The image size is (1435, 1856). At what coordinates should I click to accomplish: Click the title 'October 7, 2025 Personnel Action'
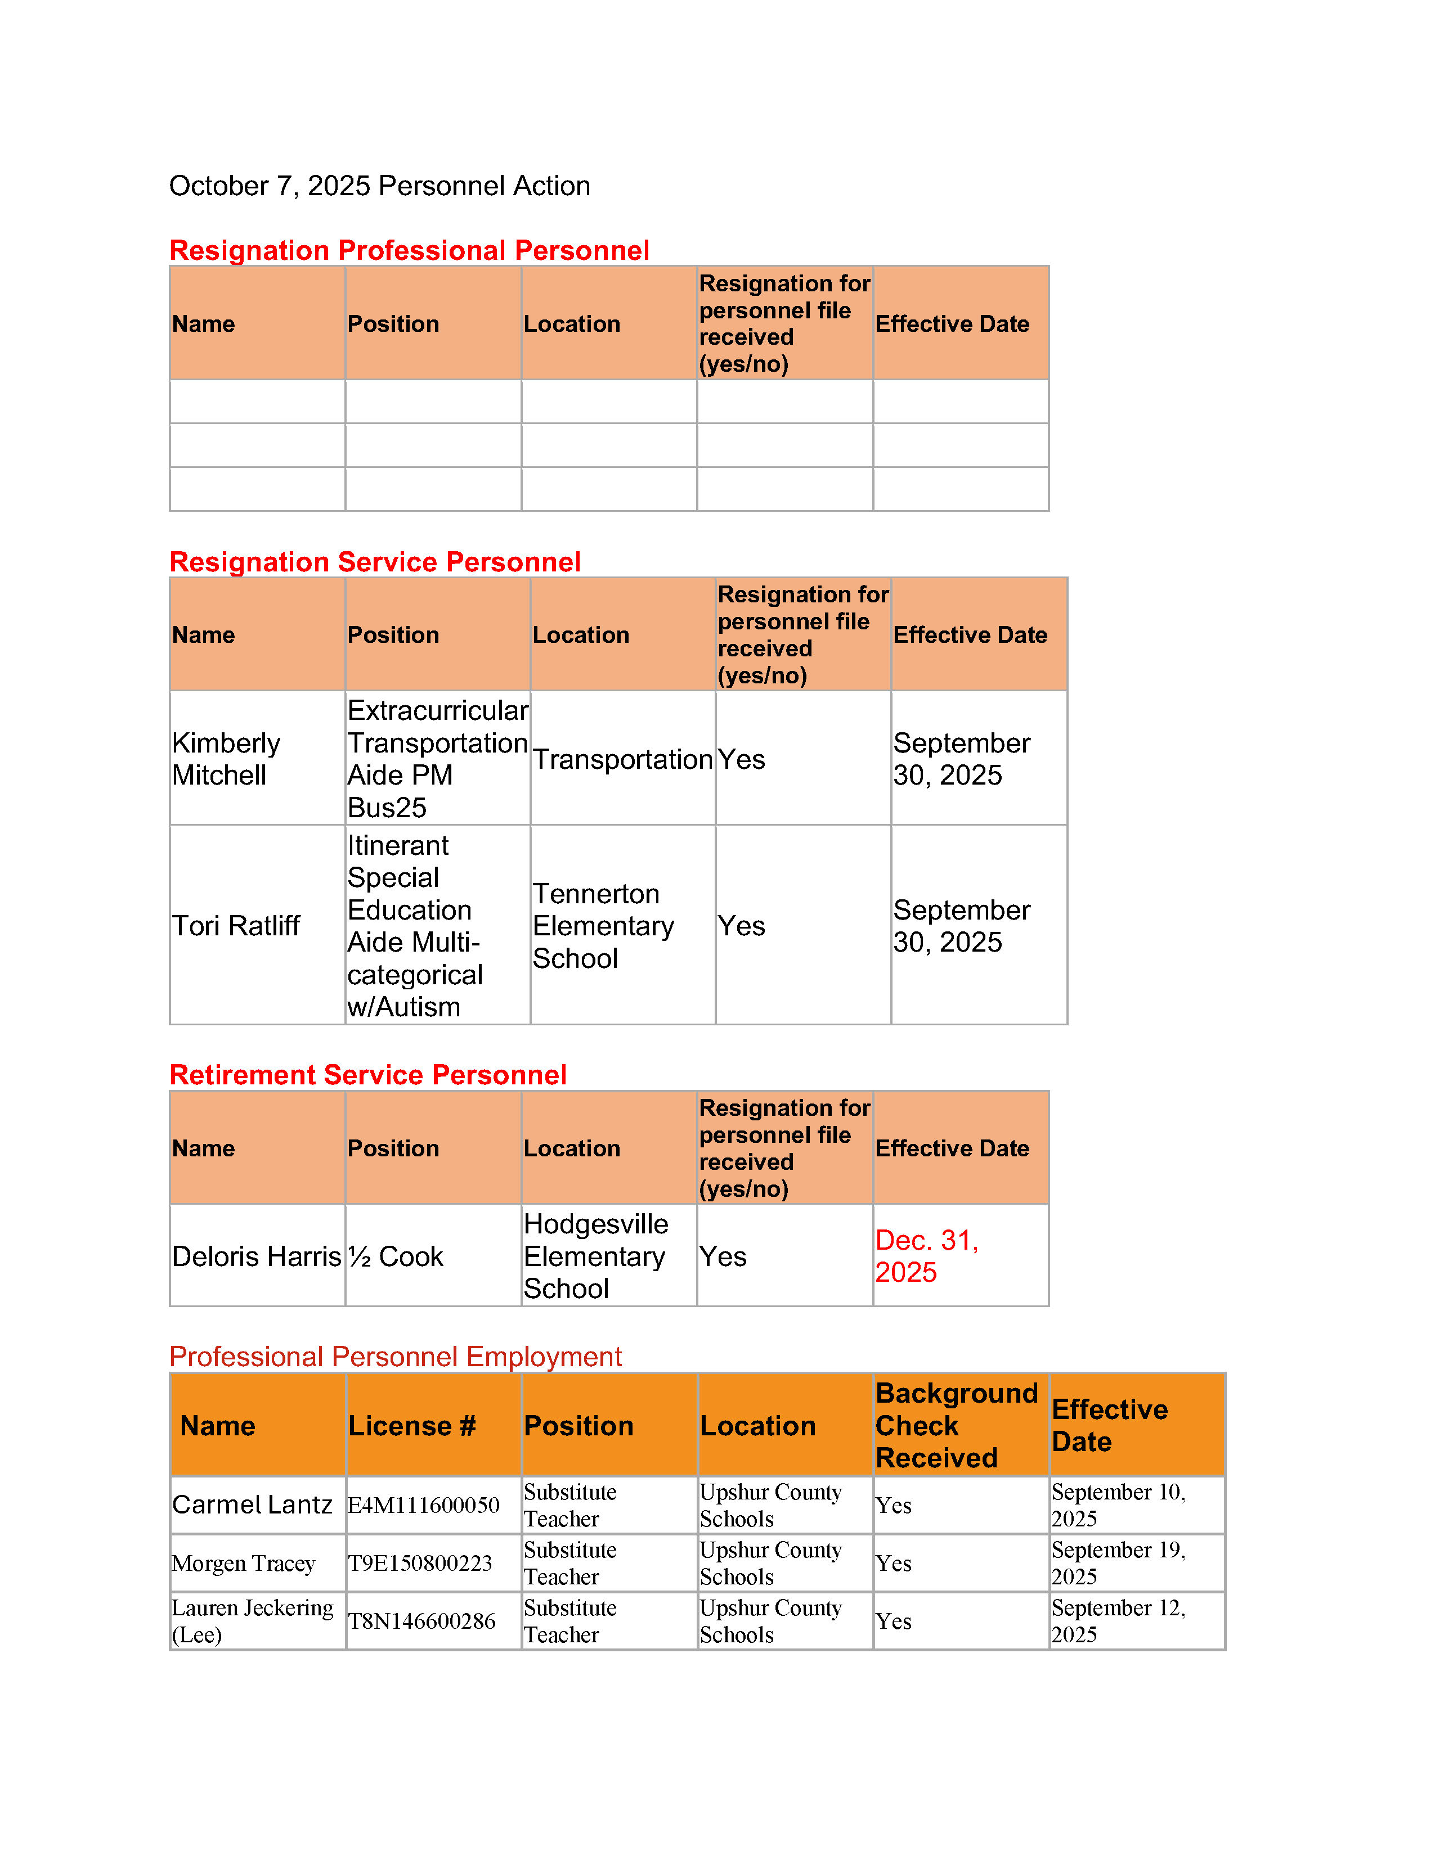pyautogui.click(x=379, y=186)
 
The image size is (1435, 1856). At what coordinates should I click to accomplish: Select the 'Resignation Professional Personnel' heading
pyautogui.click(x=409, y=251)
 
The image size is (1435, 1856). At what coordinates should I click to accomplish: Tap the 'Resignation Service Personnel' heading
pyautogui.click(x=375, y=562)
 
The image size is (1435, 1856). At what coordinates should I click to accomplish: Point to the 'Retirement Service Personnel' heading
pyautogui.click(x=367, y=1075)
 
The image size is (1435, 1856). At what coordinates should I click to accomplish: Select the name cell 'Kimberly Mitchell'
pyautogui.click(x=226, y=759)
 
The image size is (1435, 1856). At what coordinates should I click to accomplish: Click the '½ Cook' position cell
pyautogui.click(x=395, y=1256)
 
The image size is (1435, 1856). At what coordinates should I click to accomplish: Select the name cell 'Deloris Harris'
pyautogui.click(x=256, y=1256)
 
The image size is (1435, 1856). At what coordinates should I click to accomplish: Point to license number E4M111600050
pyautogui.click(x=423, y=1506)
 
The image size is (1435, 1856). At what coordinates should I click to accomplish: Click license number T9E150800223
pyautogui.click(x=420, y=1564)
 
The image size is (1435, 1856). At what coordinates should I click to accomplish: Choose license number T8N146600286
pyautogui.click(x=421, y=1621)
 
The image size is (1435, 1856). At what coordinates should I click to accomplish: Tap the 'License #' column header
pyautogui.click(x=412, y=1425)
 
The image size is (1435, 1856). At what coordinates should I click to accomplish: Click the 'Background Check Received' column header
pyautogui.click(x=956, y=1425)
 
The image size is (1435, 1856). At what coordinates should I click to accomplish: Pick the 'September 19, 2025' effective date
pyautogui.click(x=1118, y=1564)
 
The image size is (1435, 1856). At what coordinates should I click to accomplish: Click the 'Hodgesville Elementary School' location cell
pyautogui.click(x=595, y=1256)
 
